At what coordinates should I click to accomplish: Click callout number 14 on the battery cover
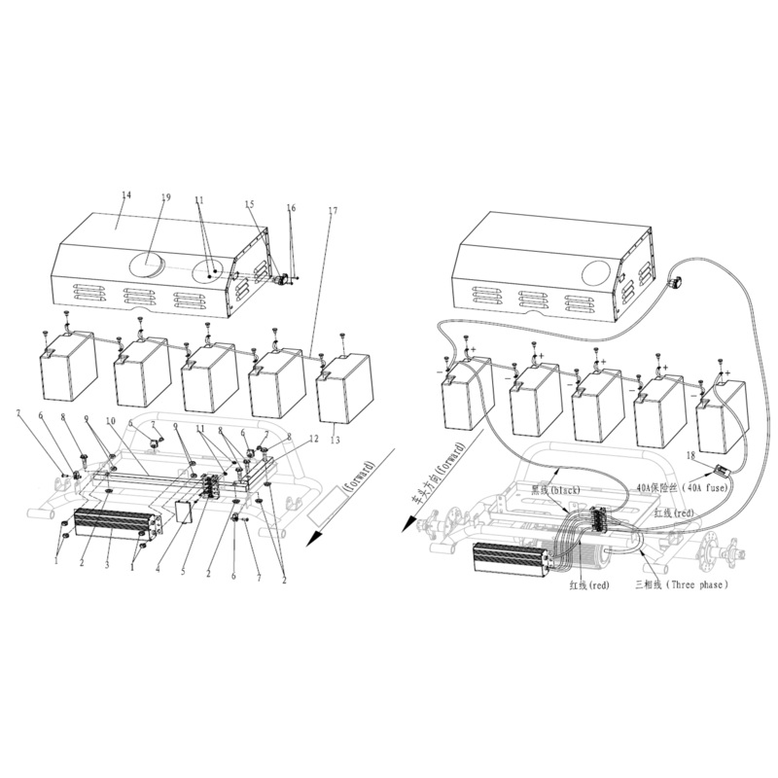[125, 195]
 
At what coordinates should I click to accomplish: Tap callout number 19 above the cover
[165, 197]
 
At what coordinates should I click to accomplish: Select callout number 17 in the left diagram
[333, 210]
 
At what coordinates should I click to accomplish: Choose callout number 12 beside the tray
[313, 439]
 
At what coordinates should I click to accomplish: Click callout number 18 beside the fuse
[691, 454]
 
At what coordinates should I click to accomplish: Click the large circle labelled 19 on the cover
[149, 262]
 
